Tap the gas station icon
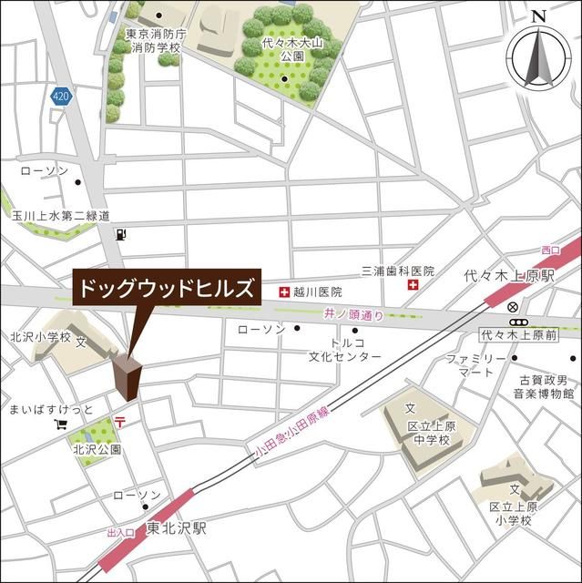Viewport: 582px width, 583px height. point(120,234)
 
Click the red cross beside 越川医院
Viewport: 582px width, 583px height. point(283,291)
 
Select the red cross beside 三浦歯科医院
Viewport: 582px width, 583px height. point(414,285)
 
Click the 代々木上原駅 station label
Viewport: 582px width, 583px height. point(509,274)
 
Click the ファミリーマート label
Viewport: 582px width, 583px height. point(475,365)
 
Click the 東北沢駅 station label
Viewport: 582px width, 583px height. point(178,528)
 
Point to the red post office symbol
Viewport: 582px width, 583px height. point(120,419)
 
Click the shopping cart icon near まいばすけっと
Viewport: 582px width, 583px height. point(61,424)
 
